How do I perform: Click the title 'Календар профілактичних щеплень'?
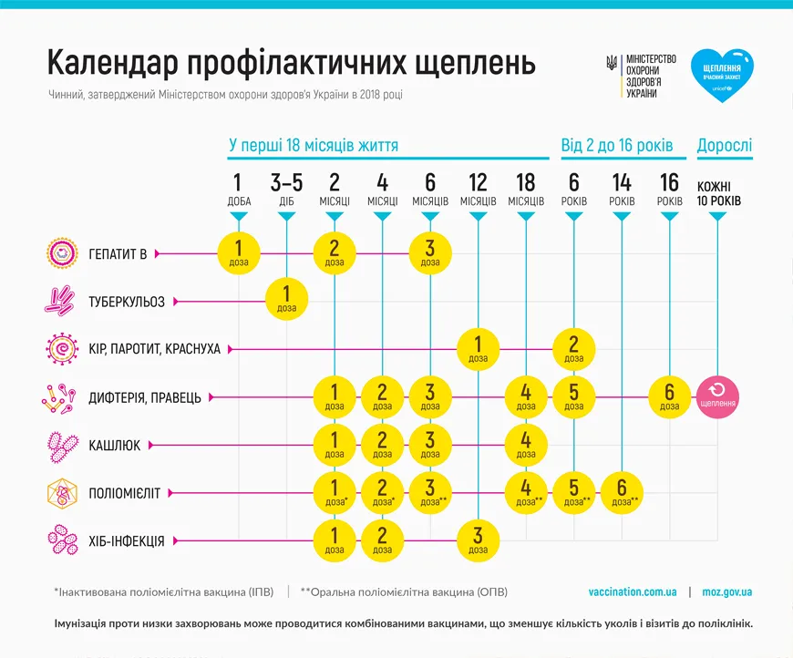(291, 63)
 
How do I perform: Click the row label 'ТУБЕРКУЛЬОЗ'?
(127, 302)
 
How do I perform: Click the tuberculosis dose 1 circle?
(287, 300)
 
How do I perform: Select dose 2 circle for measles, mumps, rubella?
(574, 348)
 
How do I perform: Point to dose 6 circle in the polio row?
(622, 492)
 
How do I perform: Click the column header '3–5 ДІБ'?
(287, 190)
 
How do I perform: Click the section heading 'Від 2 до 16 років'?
(616, 146)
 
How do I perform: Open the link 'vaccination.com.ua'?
(633, 592)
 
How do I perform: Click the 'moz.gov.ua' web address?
(726, 592)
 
